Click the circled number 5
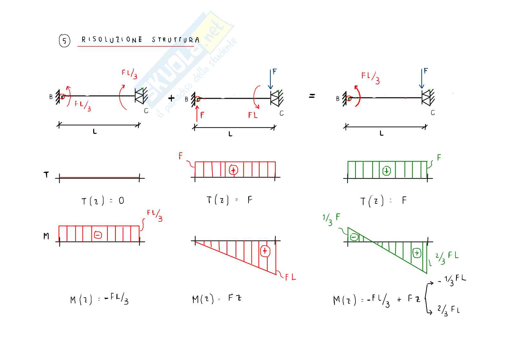point(64,41)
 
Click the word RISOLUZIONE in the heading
point(112,40)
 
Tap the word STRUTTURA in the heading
point(176,40)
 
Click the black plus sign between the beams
point(171,98)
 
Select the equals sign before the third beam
point(312,96)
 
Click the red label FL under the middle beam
point(253,115)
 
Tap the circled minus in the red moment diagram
point(98,235)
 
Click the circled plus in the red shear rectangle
point(233,170)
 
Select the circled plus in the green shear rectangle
point(387,171)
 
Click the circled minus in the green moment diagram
point(354,237)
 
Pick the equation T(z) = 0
point(103,201)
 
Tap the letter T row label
point(46,175)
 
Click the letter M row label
point(46,236)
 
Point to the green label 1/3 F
point(331,219)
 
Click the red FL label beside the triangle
point(290,277)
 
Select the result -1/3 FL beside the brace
point(452,280)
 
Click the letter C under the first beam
point(146,111)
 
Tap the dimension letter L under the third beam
point(382,133)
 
